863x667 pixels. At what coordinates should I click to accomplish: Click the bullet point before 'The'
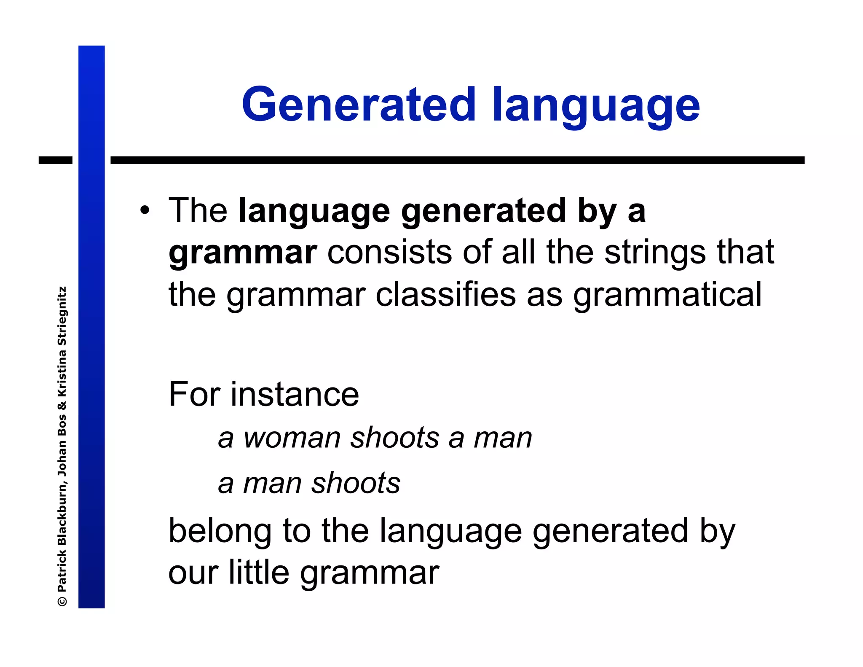tap(145, 210)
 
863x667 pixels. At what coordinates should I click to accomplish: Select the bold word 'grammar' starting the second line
tap(242, 253)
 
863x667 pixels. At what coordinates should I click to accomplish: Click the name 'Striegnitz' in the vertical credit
tap(62, 316)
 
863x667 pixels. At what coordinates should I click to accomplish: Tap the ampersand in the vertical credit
tap(62, 406)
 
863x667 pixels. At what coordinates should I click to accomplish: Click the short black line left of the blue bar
tap(55, 160)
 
